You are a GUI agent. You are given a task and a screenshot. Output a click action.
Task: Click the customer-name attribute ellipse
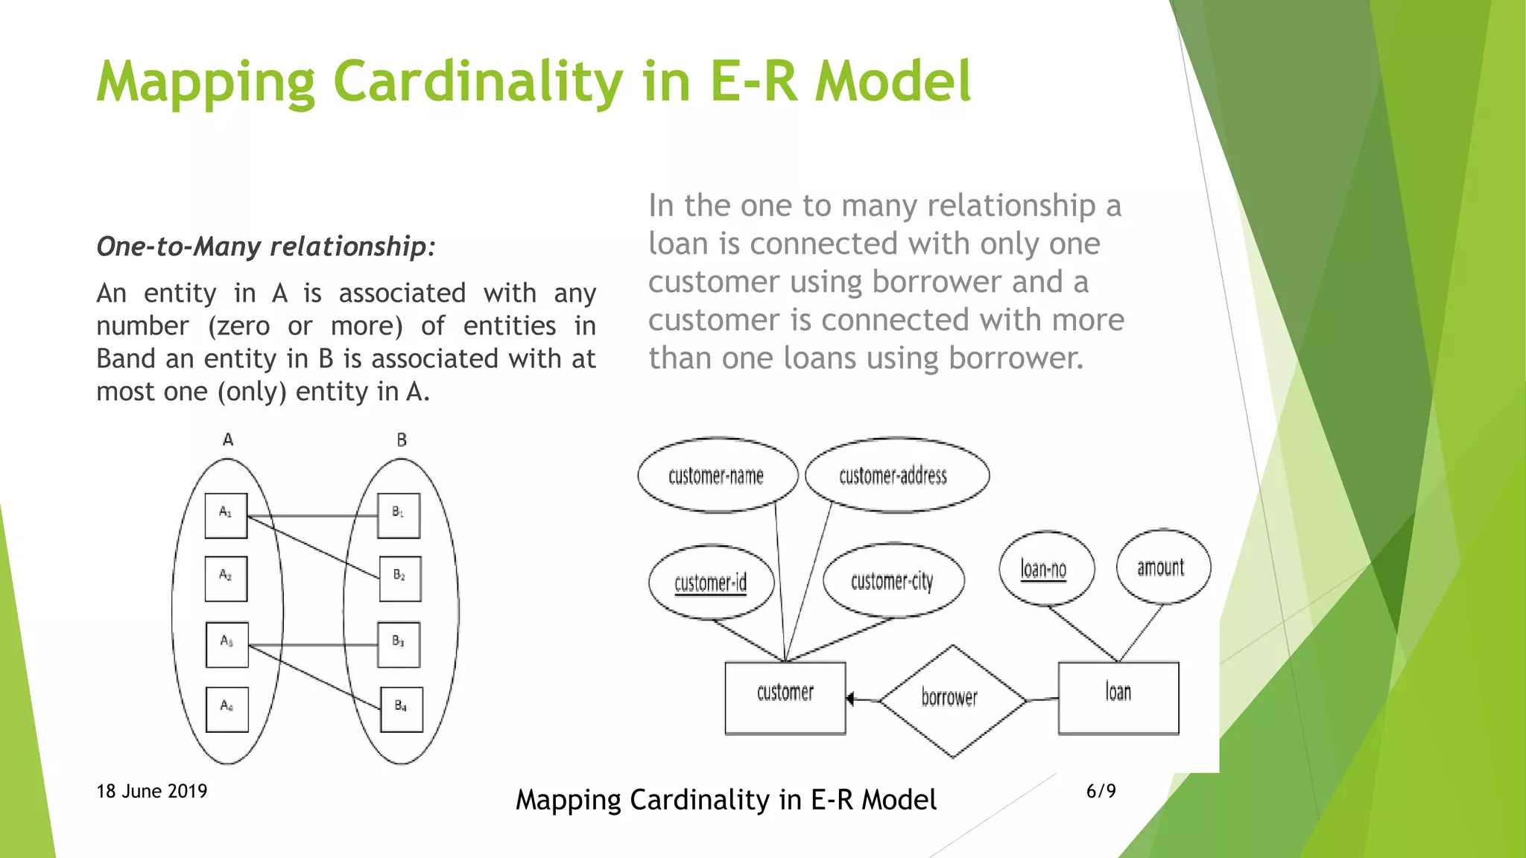[x=717, y=475]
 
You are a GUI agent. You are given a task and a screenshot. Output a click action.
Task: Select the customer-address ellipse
[x=896, y=475]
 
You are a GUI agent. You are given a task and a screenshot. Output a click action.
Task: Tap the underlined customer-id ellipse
[x=711, y=582]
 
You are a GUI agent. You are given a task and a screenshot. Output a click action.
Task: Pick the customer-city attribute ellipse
[x=893, y=580]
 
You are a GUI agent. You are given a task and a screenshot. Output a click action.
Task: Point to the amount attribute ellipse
[x=1162, y=568]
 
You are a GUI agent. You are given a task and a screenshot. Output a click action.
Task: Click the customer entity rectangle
[x=785, y=697]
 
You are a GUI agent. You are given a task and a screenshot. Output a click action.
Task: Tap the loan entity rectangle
[x=1118, y=697]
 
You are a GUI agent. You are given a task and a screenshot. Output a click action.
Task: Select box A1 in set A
[x=226, y=515]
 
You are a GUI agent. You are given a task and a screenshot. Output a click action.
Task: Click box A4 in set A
[x=227, y=709]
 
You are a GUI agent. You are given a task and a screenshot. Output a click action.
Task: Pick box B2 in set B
[x=400, y=579]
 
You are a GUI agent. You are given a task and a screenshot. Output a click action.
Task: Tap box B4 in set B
[x=401, y=709]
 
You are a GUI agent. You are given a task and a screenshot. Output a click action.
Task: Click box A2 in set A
[x=226, y=579]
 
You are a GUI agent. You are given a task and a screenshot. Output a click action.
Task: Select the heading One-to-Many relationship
[x=265, y=247]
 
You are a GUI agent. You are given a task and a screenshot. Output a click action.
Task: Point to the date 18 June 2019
[x=152, y=791]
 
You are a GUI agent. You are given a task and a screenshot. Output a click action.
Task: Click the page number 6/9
[x=1101, y=791]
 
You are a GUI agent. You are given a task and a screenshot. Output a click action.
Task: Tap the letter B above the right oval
[x=402, y=440]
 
